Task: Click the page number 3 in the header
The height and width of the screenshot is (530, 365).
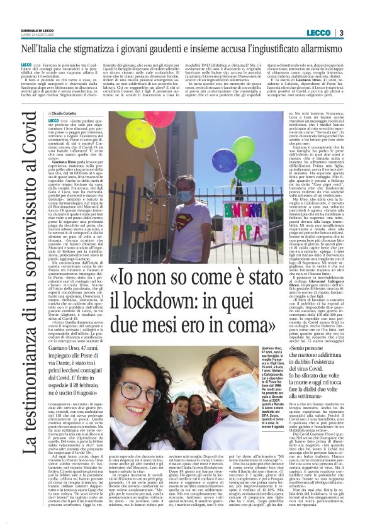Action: (x=340, y=33)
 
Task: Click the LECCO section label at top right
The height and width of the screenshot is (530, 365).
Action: (x=318, y=33)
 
